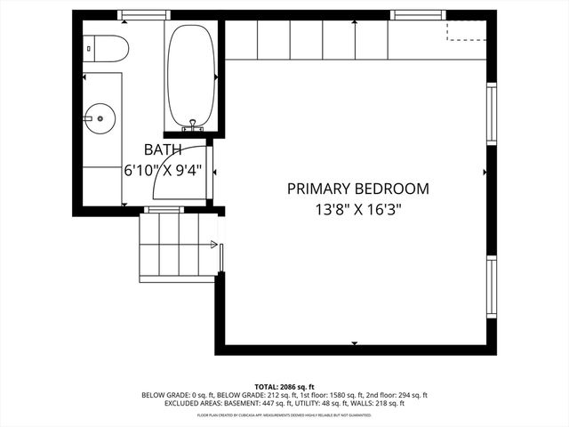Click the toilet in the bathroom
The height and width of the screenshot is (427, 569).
[105, 48]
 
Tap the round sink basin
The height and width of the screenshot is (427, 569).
[100, 116]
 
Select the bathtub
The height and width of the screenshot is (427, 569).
[190, 77]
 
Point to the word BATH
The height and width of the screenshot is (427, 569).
[163, 150]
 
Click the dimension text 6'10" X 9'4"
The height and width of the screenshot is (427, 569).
[163, 169]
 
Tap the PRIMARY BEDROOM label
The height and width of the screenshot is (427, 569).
[357, 189]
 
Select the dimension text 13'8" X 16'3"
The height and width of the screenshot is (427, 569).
[357, 211]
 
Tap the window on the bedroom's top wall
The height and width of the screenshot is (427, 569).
[420, 15]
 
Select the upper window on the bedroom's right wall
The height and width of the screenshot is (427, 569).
[490, 113]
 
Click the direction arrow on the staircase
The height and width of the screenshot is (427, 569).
[213, 243]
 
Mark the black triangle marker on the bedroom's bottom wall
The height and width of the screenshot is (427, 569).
[355, 342]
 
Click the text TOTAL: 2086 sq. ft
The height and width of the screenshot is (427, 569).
[284, 386]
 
